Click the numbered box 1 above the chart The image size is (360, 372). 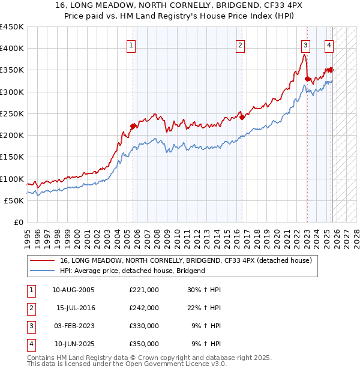[131, 44]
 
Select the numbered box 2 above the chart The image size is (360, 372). [240, 44]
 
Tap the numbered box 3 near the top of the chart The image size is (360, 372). [305, 44]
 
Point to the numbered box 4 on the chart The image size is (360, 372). [329, 44]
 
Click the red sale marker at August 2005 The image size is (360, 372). [133, 126]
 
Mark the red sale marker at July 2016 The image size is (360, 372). [242, 117]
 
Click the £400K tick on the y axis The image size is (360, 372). [12, 49]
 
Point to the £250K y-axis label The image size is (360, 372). [12, 113]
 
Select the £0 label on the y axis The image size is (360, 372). [18, 222]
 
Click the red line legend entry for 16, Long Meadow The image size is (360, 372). [185, 261]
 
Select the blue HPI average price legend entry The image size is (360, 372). [132, 271]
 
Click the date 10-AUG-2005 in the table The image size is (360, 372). [74, 290]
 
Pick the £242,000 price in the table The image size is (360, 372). [144, 308]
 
